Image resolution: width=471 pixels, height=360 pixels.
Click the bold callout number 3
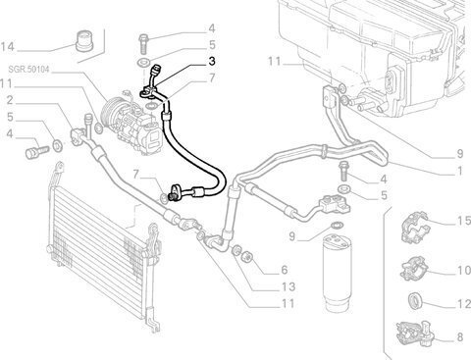(212, 61)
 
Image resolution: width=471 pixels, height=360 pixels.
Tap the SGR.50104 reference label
(28, 70)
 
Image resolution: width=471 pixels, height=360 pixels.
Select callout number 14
(8, 47)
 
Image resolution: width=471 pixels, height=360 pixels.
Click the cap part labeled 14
(84, 40)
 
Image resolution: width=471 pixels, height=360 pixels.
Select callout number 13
(288, 286)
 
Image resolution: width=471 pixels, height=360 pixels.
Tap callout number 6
(285, 270)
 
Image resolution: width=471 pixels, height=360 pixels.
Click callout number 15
(464, 222)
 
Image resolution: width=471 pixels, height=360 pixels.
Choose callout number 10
(464, 271)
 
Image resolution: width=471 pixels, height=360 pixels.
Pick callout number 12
(464, 304)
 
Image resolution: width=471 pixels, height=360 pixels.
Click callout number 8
(460, 336)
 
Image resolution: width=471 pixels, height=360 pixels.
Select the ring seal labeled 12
(416, 300)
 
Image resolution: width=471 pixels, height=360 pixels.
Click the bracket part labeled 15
(415, 227)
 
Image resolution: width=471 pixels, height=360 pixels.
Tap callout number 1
(460, 171)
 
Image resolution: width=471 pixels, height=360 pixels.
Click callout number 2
(10, 100)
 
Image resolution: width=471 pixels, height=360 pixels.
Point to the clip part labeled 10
(414, 269)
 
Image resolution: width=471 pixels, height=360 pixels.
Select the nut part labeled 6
(247, 256)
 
